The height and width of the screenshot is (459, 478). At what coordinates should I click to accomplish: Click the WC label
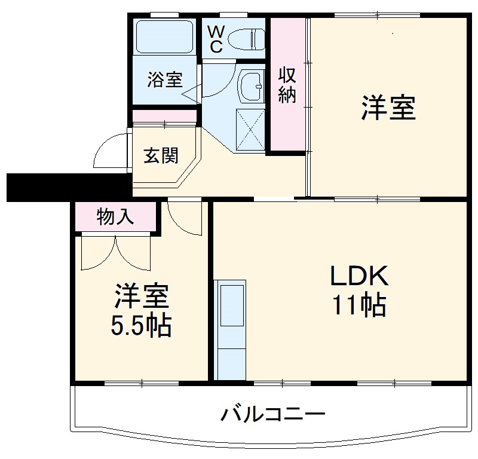pyautogui.click(x=215, y=38)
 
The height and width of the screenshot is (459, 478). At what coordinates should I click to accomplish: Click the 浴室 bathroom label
pyautogui.click(x=165, y=80)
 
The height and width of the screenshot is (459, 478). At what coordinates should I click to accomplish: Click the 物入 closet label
pyautogui.click(x=115, y=218)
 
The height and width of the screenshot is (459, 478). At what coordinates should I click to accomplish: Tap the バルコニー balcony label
pyautogui.click(x=274, y=414)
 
